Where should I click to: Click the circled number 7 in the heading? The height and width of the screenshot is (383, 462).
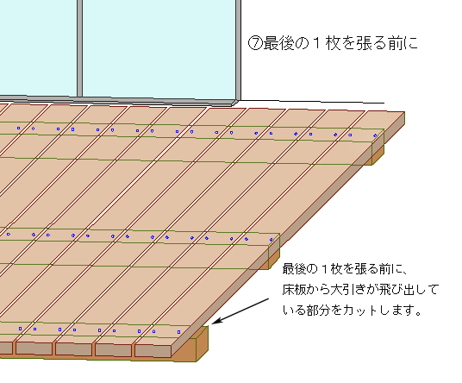pos(255,43)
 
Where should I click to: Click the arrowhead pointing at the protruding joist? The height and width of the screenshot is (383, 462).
pos(216,321)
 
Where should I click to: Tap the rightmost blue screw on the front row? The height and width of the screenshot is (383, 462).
pos(178,332)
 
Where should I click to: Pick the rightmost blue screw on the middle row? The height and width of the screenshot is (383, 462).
pos(271,240)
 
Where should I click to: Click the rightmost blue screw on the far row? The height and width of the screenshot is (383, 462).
pos(375,135)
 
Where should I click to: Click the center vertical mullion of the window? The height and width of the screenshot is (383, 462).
pos(79,48)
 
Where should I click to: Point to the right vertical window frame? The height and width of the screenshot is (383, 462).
pos(239,50)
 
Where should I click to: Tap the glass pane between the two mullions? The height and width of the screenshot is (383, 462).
pos(159,47)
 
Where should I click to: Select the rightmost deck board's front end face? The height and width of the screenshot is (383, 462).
pos(153,351)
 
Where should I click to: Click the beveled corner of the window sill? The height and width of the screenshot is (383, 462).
pos(234,103)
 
